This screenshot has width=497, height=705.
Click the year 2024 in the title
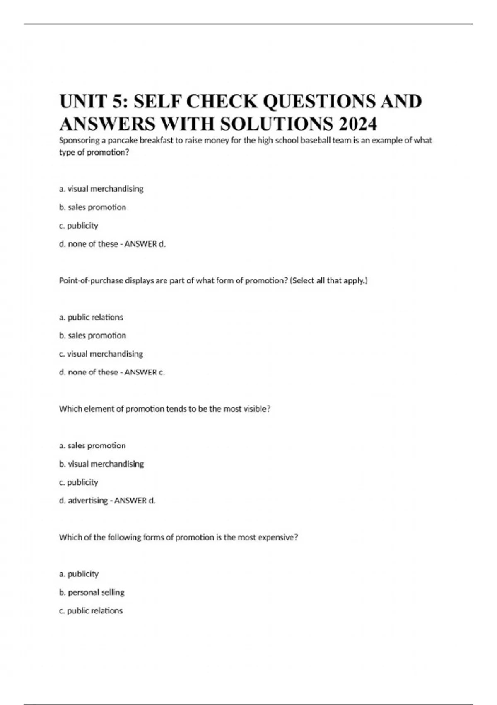(x=357, y=124)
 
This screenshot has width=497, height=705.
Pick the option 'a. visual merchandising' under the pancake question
(x=101, y=189)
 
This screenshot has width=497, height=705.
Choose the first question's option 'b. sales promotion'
(x=93, y=207)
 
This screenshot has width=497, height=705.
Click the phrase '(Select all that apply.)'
(x=329, y=280)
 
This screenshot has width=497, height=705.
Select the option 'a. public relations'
(x=91, y=317)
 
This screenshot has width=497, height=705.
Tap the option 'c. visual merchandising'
(x=101, y=354)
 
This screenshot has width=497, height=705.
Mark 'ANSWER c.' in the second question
(x=145, y=372)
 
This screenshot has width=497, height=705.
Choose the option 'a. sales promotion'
(x=92, y=445)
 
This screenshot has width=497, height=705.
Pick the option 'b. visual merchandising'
(x=101, y=464)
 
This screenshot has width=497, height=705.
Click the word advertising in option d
(x=88, y=501)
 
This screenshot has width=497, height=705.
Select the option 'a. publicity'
(x=79, y=574)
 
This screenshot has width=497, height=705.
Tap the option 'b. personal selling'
(x=92, y=592)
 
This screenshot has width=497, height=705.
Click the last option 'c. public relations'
(x=91, y=610)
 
